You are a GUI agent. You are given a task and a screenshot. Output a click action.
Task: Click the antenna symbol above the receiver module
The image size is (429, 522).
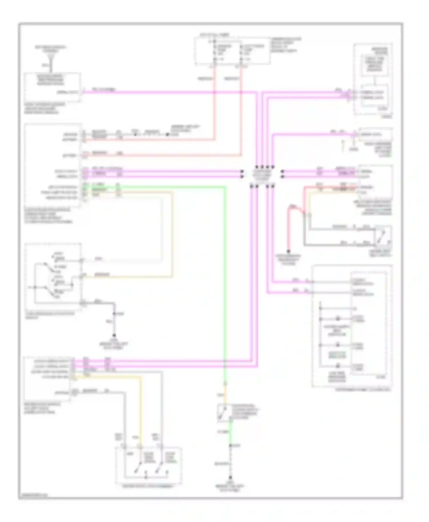[51, 60]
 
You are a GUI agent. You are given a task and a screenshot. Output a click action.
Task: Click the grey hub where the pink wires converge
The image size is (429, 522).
[262, 174]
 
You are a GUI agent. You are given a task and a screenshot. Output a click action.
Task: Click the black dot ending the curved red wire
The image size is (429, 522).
[288, 252]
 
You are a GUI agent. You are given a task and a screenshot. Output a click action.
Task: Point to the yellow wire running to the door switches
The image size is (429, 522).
[140, 405]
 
